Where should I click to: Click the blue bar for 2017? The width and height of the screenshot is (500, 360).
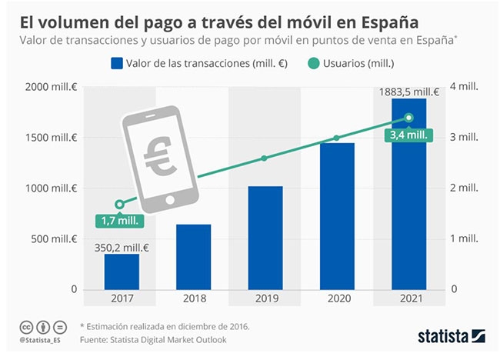(122, 272)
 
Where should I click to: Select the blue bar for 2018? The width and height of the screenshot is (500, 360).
(194, 257)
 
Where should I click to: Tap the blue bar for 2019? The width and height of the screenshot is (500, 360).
(265, 238)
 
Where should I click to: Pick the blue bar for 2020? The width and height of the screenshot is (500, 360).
(336, 216)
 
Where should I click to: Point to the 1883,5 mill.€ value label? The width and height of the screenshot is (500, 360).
(408, 92)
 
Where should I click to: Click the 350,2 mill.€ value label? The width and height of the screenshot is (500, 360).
(122, 247)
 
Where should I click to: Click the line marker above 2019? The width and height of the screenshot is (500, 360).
(265, 158)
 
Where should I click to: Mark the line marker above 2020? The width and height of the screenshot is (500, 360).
(336, 138)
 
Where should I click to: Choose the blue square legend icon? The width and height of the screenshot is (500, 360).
(118, 63)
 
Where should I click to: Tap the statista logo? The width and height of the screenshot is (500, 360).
(451, 335)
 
